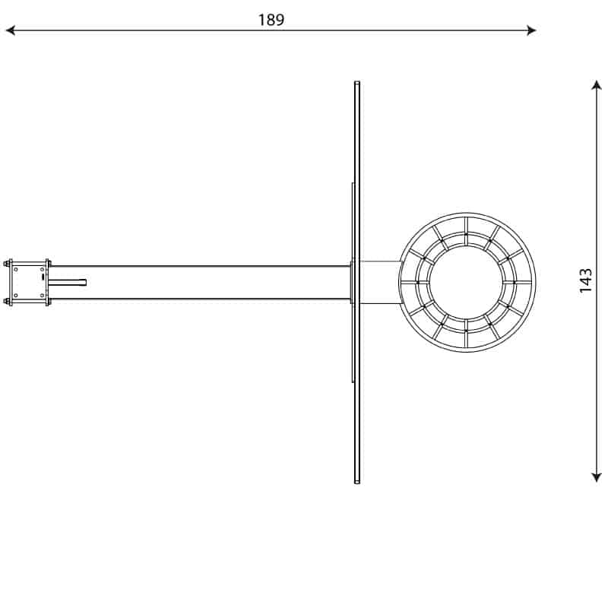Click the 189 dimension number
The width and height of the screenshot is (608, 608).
tap(271, 20)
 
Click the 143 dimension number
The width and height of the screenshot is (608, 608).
tap(585, 280)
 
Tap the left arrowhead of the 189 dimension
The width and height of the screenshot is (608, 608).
tap(10, 30)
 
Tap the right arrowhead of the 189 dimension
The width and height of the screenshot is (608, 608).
tap(531, 30)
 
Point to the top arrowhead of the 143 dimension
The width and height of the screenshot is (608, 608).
tap(597, 84)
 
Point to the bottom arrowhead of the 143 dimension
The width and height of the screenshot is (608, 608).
tap(597, 477)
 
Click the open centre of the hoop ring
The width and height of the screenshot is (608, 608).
tap(467, 283)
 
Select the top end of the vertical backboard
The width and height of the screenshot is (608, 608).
tap(357, 82)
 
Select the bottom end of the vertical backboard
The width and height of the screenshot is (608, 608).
tap(357, 482)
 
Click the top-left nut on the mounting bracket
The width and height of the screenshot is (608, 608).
tap(7, 264)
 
